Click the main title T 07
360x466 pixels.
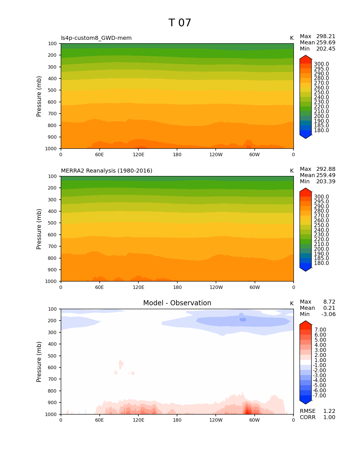pyautogui.click(x=180, y=23)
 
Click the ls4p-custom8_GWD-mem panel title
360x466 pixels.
pyautogui.click(x=96, y=38)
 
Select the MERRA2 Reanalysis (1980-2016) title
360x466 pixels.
pyautogui.click(x=106, y=171)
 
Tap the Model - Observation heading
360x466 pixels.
pyautogui.click(x=177, y=303)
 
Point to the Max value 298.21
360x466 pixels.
pyautogui.click(x=326, y=36)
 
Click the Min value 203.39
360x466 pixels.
pyautogui.click(x=326, y=182)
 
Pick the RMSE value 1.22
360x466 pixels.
pyautogui.click(x=329, y=411)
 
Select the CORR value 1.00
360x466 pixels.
pyautogui.click(x=329, y=417)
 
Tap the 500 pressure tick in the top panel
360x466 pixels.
pyautogui.click(x=52, y=90)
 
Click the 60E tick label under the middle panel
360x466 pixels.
pyautogui.click(x=99, y=288)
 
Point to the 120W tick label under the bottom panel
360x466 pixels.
pyautogui.click(x=216, y=420)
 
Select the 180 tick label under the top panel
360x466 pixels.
pyautogui.click(x=177, y=155)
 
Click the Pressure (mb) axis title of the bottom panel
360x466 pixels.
pyautogui.click(x=39, y=362)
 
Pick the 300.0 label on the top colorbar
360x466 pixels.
pyautogui.click(x=321, y=64)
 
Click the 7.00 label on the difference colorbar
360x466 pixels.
pyautogui.click(x=320, y=330)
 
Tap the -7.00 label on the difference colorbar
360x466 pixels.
pyautogui.click(x=319, y=396)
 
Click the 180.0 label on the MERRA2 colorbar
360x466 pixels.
pyautogui.click(x=321, y=263)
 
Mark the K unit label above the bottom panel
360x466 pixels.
pyautogui.click(x=292, y=304)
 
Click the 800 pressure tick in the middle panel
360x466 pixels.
pyautogui.click(x=52, y=258)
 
